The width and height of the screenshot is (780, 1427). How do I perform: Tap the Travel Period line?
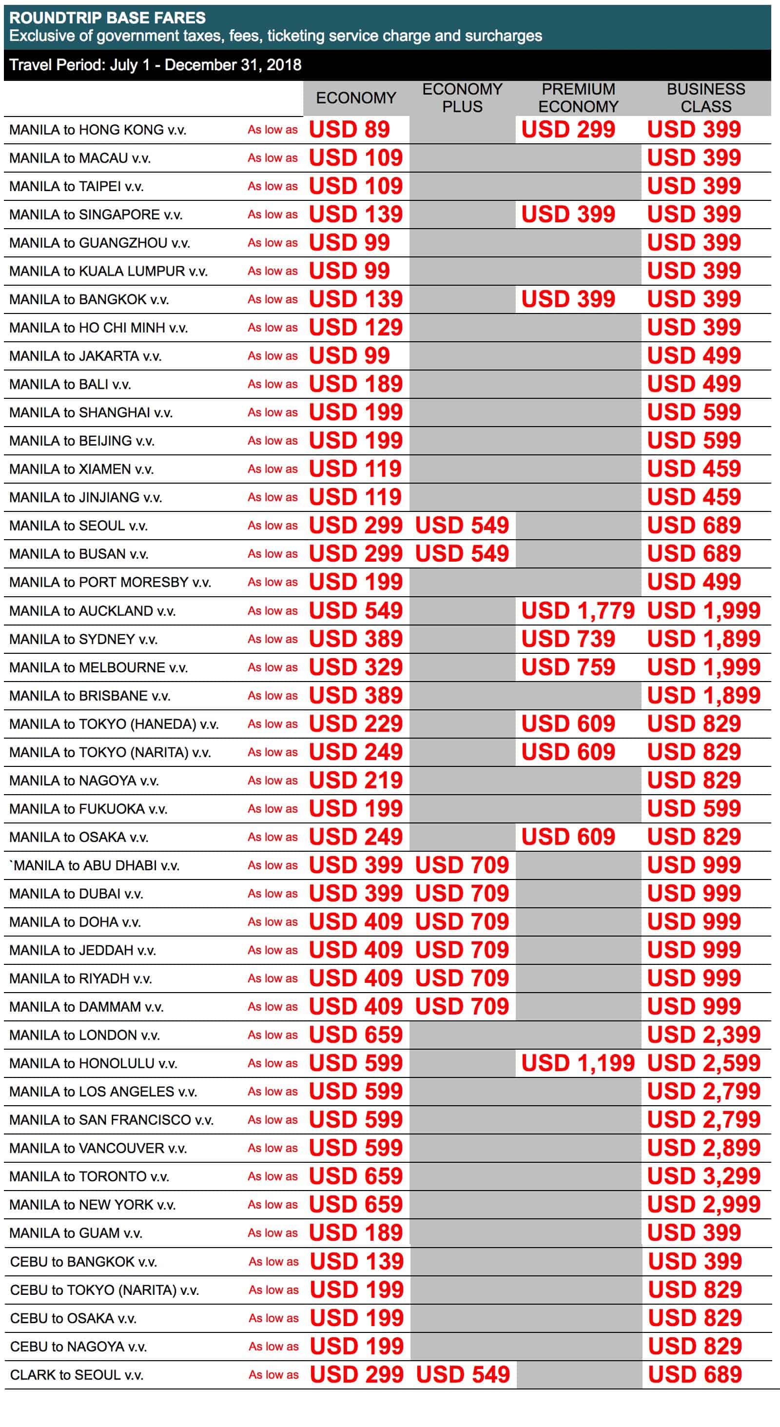155,65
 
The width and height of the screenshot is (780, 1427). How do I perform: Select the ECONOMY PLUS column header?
462,98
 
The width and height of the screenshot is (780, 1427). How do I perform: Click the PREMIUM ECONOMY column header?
578,98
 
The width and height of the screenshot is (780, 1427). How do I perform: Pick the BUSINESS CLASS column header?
705,98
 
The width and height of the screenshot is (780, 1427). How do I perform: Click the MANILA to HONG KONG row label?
97,130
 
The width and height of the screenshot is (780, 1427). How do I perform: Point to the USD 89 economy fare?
349,130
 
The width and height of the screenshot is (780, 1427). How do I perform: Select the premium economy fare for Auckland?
577,610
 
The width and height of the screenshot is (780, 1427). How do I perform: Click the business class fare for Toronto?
703,1176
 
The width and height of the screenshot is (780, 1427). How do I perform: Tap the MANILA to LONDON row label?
84,1035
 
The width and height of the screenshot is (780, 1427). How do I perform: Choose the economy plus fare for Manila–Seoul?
462,525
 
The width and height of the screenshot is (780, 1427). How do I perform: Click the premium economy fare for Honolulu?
577,1062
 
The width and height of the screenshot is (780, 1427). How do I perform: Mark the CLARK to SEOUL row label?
77,1375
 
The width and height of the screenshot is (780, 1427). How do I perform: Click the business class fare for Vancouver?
703,1148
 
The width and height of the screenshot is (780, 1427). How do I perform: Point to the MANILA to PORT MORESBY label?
110,582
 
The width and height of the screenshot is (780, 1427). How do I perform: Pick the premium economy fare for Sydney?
568,639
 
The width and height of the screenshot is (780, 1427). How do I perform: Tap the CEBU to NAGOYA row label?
78,1347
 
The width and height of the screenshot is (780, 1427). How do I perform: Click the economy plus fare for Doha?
462,922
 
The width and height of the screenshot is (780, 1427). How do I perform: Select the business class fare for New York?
703,1204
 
